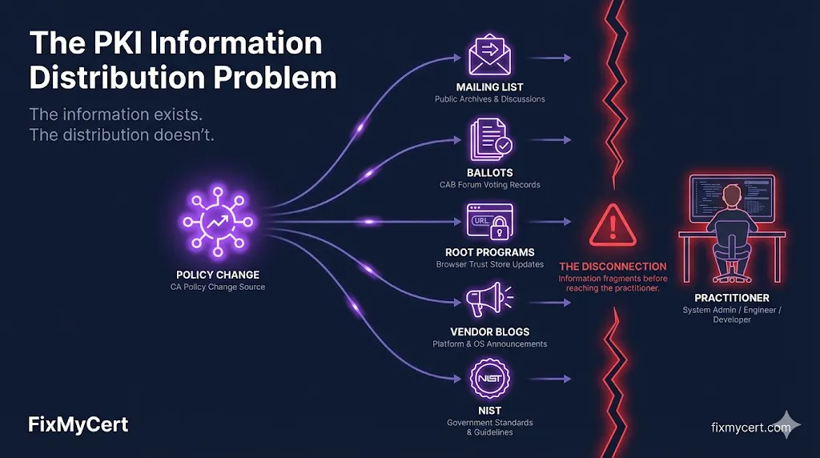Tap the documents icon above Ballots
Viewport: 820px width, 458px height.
pos(489,138)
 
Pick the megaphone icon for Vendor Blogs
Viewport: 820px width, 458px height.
pos(488,301)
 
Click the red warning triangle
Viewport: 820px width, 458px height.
pos(613,223)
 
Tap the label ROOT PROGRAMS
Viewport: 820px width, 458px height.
pos(489,252)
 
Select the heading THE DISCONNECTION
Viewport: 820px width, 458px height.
pos(613,266)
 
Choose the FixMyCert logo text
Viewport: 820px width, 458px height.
pos(78,424)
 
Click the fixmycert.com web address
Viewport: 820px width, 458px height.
pos(751,427)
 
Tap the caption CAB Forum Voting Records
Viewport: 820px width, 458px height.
pos(489,185)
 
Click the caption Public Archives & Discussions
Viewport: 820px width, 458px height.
pos(489,99)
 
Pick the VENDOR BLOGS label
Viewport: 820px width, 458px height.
pos(489,331)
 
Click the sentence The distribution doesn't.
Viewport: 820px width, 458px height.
pos(122,135)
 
